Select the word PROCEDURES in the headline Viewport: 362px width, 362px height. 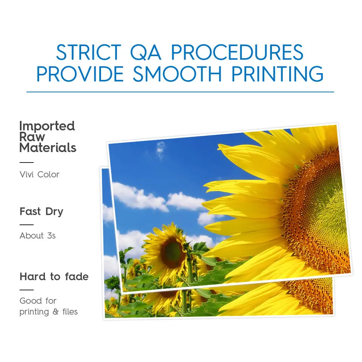tap(237, 52)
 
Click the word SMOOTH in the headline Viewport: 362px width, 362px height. tap(177, 74)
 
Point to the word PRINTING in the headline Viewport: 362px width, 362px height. tap(277, 74)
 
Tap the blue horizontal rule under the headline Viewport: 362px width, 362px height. tap(180, 92)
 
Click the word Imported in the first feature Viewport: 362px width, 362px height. tap(47, 126)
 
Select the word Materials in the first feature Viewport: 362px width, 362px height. tap(48, 148)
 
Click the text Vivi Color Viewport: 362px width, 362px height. tap(40, 174)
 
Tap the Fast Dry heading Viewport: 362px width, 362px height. tap(41, 211)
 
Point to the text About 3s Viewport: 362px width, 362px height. tap(38, 236)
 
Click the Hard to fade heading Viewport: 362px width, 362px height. tap(54, 277)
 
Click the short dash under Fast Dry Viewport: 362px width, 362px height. tap(26, 225)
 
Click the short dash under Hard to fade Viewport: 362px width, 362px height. tap(26, 290)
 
